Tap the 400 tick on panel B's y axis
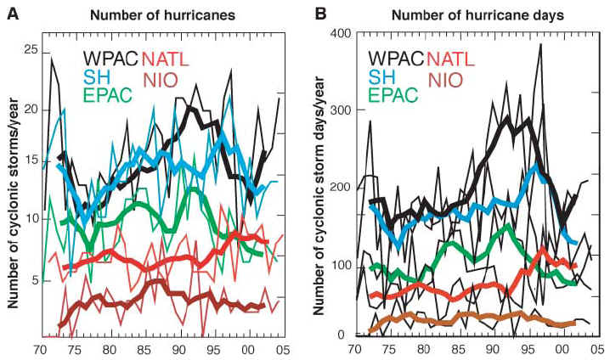pyautogui.click(x=338, y=32)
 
